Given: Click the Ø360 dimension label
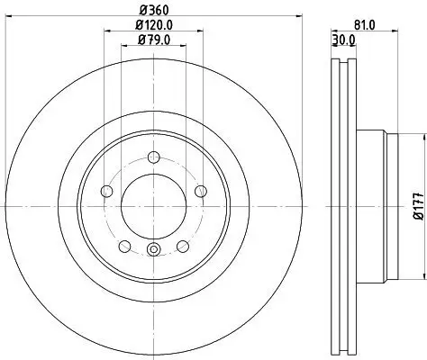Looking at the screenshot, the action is (154, 11).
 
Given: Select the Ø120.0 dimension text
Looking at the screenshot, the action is (154, 25).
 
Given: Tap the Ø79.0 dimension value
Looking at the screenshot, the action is (154, 40).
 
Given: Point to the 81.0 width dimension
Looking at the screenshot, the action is (364, 25).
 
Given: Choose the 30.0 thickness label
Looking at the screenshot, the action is (345, 40).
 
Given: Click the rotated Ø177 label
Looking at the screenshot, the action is (420, 206).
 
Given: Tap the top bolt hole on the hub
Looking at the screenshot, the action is (154, 157).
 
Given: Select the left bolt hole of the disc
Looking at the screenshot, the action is (106, 191).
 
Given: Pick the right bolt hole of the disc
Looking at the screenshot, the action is (201, 191).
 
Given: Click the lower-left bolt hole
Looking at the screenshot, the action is (124, 247).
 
